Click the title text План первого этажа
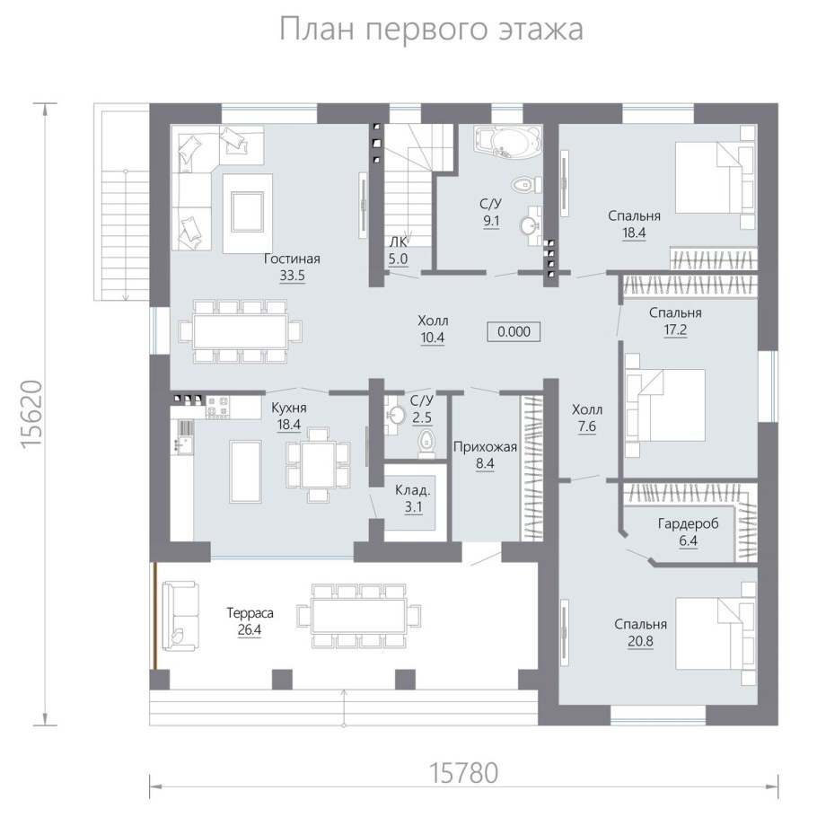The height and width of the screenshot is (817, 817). [431, 29]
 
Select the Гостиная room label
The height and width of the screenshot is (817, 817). [292, 259]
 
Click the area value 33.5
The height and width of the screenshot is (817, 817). [292, 277]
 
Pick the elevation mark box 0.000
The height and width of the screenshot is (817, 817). [514, 331]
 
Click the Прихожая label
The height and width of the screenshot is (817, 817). [485, 446]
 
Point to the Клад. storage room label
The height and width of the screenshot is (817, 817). [413, 491]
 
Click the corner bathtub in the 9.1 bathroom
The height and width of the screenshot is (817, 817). [508, 142]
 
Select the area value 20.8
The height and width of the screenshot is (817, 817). [641, 642]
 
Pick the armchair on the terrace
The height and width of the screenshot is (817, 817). [178, 615]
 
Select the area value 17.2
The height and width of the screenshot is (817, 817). [675, 330]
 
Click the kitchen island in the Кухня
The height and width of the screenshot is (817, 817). [246, 470]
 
